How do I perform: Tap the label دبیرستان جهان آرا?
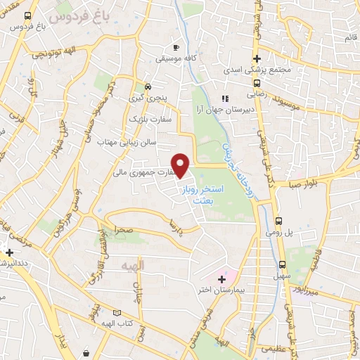pos(237,110)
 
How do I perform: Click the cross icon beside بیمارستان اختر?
pos(223,279)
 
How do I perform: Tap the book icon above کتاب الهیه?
pos(117,313)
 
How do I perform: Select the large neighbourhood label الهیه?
pos(131,266)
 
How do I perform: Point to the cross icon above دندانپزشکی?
pos(8,252)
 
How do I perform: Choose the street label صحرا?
pos(124,229)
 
